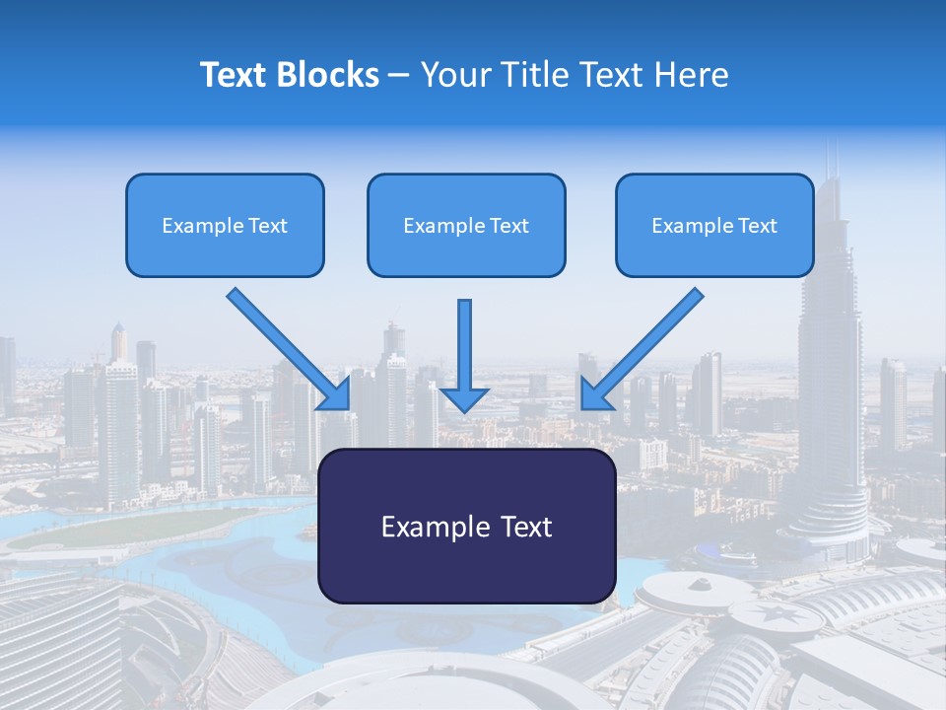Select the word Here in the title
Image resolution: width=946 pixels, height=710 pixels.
tap(694, 75)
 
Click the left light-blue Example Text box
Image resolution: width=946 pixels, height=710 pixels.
tap(225, 225)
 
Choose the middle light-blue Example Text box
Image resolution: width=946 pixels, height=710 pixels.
tap(466, 225)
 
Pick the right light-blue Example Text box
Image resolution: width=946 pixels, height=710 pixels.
tap(714, 225)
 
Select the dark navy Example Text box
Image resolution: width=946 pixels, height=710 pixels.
tap(466, 527)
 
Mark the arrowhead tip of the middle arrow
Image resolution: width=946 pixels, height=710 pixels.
tap(464, 409)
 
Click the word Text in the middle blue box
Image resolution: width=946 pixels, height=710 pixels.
tap(508, 225)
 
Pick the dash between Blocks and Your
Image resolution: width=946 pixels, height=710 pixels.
tap(400, 75)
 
